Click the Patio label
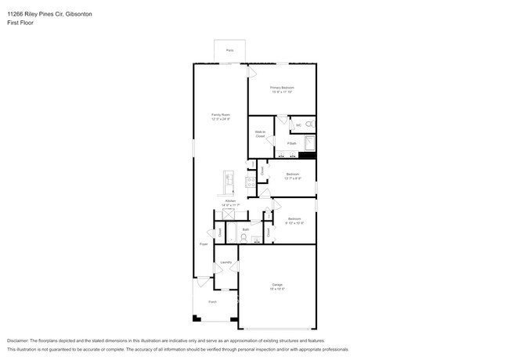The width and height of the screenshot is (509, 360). coord(229,50)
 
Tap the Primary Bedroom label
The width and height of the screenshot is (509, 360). coord(282,88)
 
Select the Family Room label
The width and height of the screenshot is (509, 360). coord(220,115)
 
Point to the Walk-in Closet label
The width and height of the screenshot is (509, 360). coord(259,134)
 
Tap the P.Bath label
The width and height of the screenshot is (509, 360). coord(291,143)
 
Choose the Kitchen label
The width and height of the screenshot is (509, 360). coord(230,201)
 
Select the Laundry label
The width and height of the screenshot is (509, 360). coord(226,262)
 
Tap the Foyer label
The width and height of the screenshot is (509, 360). coord(203,244)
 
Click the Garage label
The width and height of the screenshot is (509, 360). coord(277,284)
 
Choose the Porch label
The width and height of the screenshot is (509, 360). coord(211,301)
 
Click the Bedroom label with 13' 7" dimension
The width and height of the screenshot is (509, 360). coord(292,174)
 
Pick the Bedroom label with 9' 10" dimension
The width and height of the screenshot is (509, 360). coord(294,218)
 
